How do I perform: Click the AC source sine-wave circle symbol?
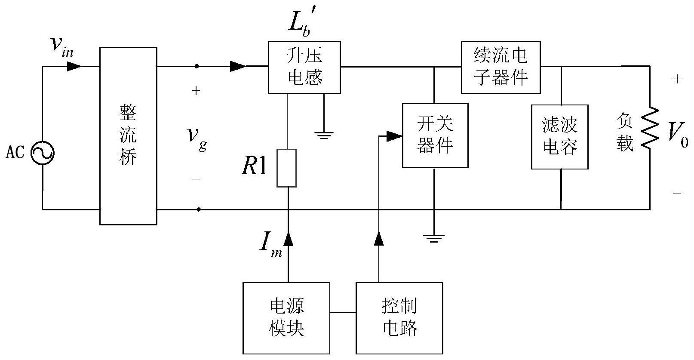pyautogui.click(x=43, y=152)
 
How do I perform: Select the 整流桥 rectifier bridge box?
pyautogui.click(x=128, y=136)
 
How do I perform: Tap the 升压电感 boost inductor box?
pyautogui.click(x=304, y=67)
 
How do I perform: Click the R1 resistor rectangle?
pyautogui.click(x=286, y=168)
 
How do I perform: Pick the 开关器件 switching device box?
pyautogui.click(x=435, y=135)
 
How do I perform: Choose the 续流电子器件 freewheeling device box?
pyautogui.click(x=501, y=67)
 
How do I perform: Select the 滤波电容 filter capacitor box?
pyautogui.click(x=559, y=137)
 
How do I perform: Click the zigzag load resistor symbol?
pyautogui.click(x=650, y=128)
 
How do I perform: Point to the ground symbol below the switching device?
pyautogui.click(x=434, y=238)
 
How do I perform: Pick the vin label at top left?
pyautogui.click(x=61, y=46)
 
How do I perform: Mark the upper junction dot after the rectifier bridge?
pyautogui.click(x=197, y=66)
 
